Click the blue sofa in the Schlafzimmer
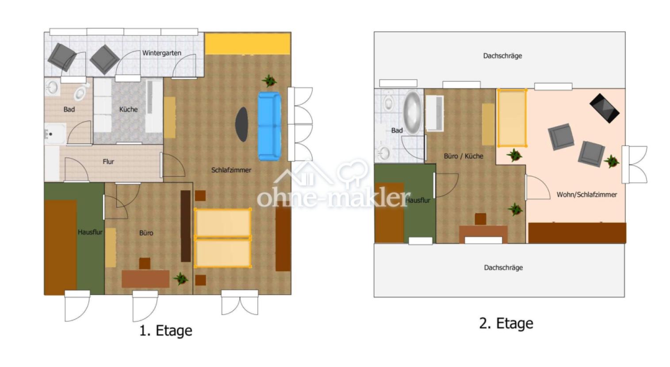pos(269,126)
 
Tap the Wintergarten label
pos(161,53)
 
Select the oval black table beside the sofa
pos(242,124)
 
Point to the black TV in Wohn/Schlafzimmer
pos(604,108)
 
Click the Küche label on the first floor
pos(128,109)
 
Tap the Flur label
pos(108,162)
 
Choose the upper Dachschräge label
pos(502,56)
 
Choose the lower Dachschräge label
pos(503,268)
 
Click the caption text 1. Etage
pos(166,331)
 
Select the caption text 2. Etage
pos(506,323)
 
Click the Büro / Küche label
pos(463,156)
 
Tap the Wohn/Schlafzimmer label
pos(586,195)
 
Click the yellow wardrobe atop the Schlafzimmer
pos(247,44)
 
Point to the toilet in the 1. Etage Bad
pos(80,92)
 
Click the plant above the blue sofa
pos(269,80)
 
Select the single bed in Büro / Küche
pos(512,118)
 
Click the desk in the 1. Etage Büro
pos(145,279)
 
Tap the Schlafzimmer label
pos(231,170)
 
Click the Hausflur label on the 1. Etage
pos(90,232)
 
